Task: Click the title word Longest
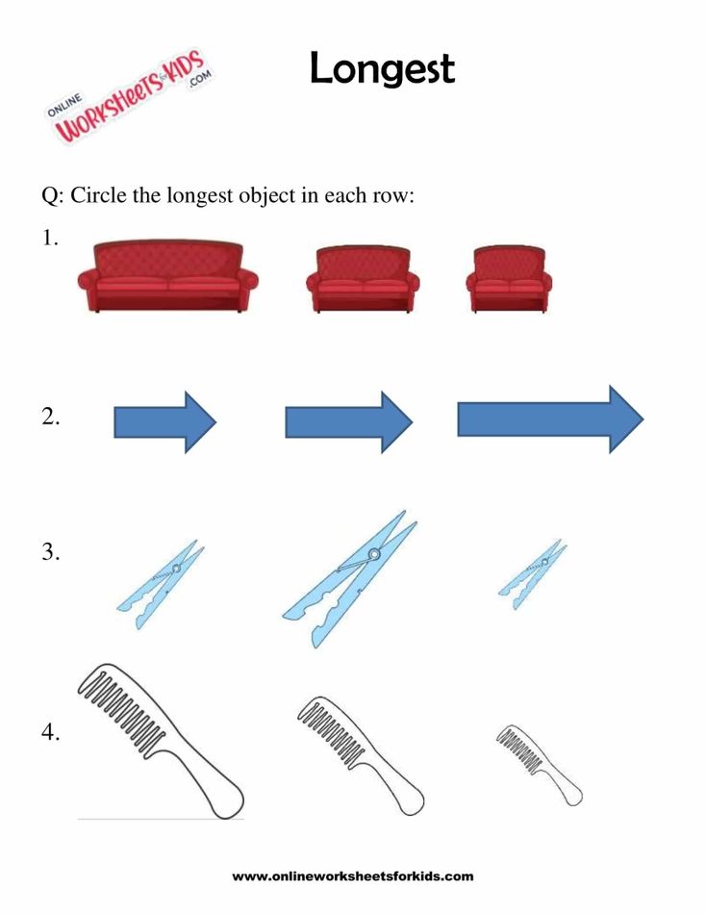[382, 69]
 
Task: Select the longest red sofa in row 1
[168, 278]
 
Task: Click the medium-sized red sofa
[363, 279]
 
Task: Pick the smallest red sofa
[509, 279]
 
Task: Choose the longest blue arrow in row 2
[549, 419]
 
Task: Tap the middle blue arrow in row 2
[348, 421]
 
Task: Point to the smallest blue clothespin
[532, 574]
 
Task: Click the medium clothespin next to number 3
[161, 584]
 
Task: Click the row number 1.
[50, 240]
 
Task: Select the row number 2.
[51, 419]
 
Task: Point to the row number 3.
[51, 553]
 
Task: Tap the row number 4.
[51, 733]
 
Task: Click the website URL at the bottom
[353, 876]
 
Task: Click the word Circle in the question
[99, 196]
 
